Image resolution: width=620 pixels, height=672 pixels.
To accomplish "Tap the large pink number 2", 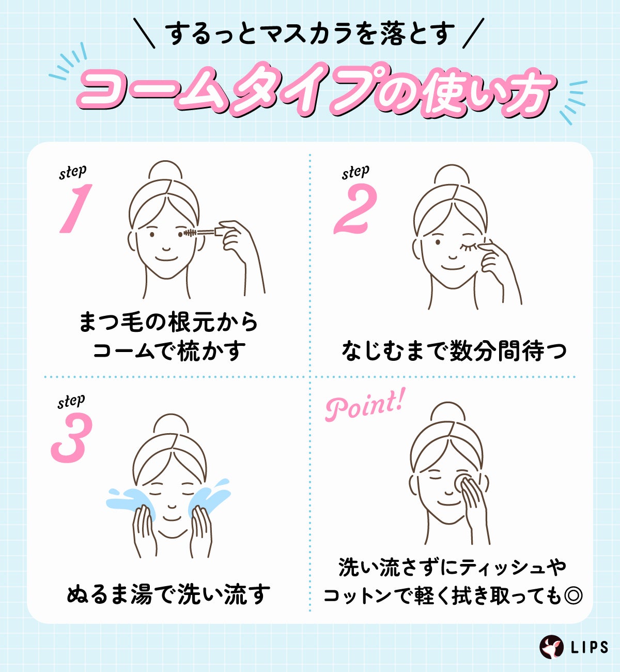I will pyautogui.click(x=355, y=209).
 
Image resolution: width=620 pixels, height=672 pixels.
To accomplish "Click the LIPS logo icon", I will pyautogui.click(x=551, y=646).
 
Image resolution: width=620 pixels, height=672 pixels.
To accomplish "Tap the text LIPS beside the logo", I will pyautogui.click(x=590, y=647).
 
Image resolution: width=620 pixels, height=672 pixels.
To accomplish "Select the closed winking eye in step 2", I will pyautogui.click(x=469, y=245).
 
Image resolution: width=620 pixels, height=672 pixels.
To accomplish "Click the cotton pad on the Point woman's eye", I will pyautogui.click(x=462, y=481).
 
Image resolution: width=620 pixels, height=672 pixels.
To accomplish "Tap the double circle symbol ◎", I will pyautogui.click(x=572, y=596).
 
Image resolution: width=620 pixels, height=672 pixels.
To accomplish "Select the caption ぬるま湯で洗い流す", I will pyautogui.click(x=168, y=594).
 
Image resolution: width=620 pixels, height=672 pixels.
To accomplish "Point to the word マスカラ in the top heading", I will pyautogui.click(x=310, y=33).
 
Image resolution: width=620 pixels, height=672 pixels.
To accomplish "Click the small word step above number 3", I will pyautogui.click(x=71, y=402).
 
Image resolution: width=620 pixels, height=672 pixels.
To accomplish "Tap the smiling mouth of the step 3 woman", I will pyautogui.click(x=172, y=517).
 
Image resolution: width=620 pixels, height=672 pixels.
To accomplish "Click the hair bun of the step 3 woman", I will pyautogui.click(x=171, y=424).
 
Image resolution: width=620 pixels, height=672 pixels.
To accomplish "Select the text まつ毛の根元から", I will pyautogui.click(x=168, y=322).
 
